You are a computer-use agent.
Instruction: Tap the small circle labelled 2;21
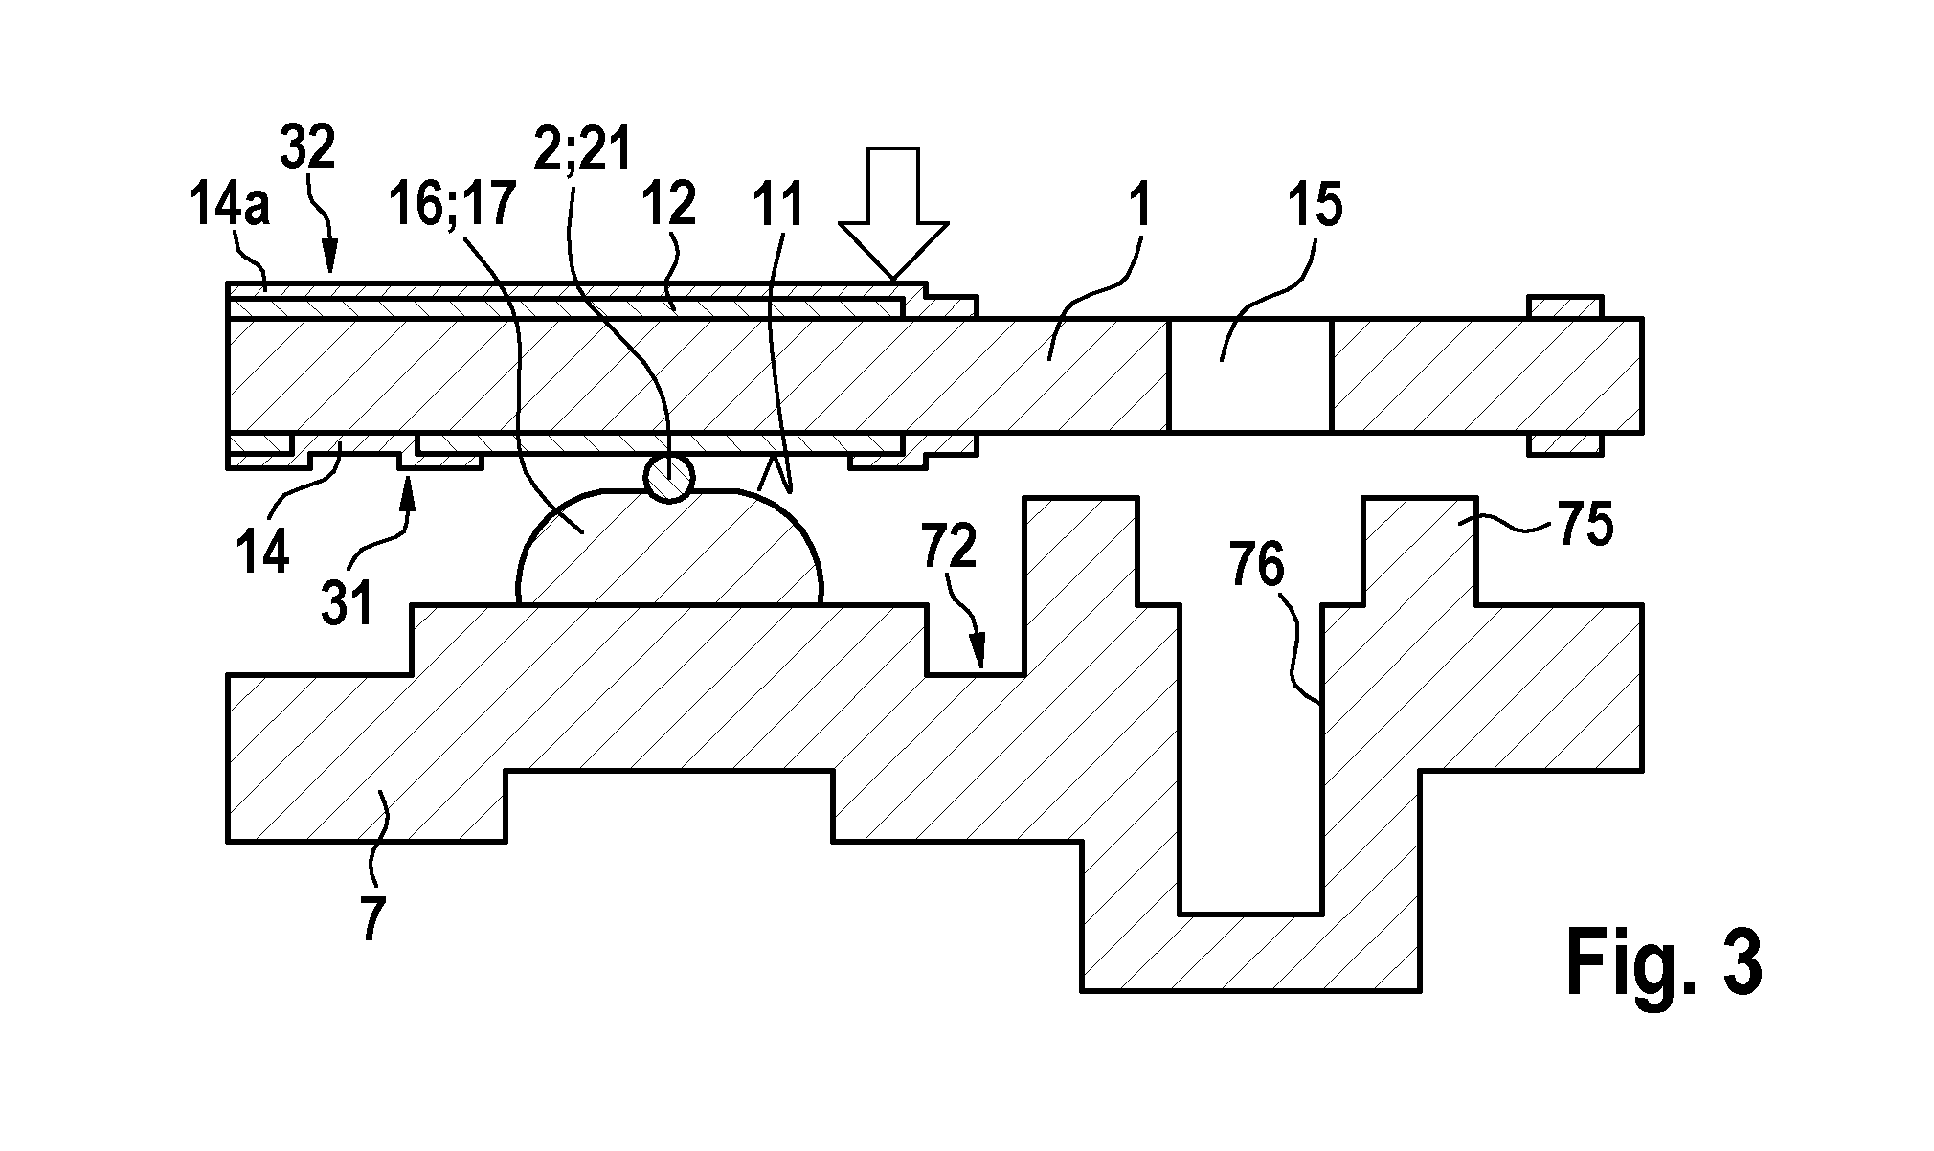tap(668, 477)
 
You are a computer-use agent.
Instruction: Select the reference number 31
tap(346, 605)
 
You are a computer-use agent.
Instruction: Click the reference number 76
tap(1258, 569)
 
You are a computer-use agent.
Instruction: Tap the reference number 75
tap(1585, 525)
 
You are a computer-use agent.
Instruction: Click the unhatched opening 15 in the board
tap(1249, 374)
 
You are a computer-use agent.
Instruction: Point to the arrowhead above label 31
tap(408, 488)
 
